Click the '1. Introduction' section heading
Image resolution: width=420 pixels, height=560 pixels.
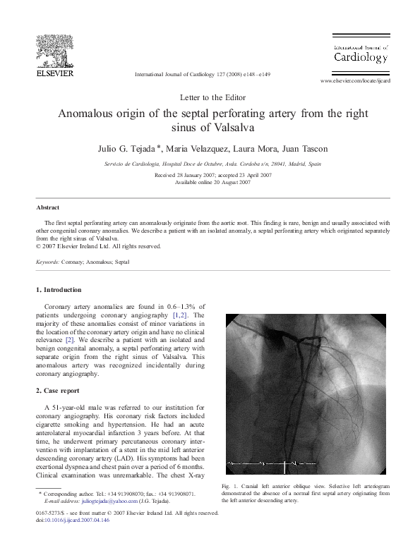(59, 290)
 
